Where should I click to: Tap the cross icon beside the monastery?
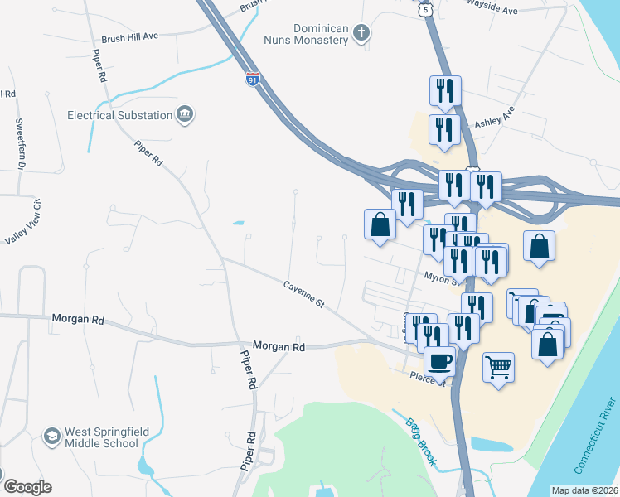click(x=360, y=33)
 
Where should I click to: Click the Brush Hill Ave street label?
click(x=129, y=37)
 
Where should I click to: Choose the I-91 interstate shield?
click(x=252, y=80)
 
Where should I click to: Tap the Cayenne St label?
click(x=303, y=293)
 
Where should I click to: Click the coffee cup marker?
click(x=439, y=360)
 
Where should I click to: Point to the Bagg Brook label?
click(x=420, y=443)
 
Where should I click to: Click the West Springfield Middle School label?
click(x=101, y=437)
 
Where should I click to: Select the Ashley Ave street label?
click(x=494, y=117)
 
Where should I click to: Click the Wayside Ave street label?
click(x=492, y=11)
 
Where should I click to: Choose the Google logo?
click(x=27, y=487)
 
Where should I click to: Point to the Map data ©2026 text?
click(x=584, y=490)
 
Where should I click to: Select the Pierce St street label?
click(x=429, y=379)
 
